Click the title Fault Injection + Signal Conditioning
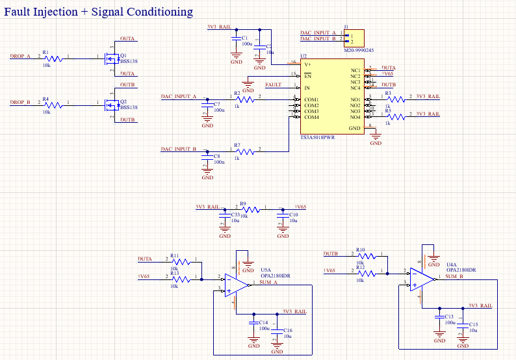[x=99, y=12]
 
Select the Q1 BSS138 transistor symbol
[x=109, y=58]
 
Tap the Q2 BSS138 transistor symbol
[x=109, y=104]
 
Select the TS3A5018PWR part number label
[x=317, y=138]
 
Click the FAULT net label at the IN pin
[x=273, y=85]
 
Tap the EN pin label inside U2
[x=308, y=76]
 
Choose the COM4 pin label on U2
[x=311, y=117]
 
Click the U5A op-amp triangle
[x=235, y=285]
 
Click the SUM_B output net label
[x=454, y=277]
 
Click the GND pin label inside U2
[x=354, y=129]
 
